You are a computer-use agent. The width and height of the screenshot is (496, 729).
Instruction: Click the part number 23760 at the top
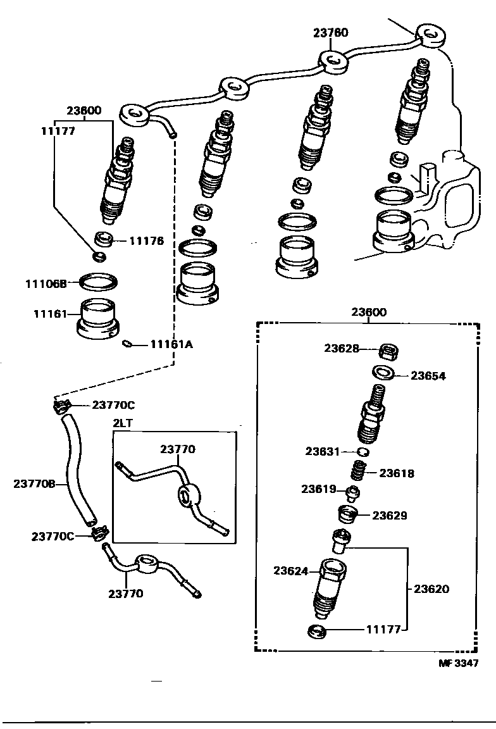point(331,33)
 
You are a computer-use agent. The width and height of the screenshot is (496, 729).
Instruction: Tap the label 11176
point(147,241)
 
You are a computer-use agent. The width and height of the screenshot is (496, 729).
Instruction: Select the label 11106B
point(46,284)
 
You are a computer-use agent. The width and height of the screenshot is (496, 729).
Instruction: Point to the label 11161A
point(171,344)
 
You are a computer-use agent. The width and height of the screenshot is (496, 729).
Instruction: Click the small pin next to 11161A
point(127,344)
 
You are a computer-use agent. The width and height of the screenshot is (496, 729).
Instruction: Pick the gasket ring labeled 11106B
point(98,280)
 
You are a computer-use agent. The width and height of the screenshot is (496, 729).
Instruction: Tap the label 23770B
point(34,484)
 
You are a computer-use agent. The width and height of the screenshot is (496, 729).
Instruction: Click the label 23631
point(323,451)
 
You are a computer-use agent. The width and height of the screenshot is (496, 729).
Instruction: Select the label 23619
point(319,489)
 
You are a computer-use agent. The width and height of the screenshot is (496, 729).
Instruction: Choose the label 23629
point(389,515)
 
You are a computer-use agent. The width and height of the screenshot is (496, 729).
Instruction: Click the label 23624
point(290,571)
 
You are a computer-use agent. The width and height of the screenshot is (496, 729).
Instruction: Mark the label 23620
point(431,589)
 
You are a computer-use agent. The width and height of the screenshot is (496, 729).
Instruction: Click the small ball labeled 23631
point(363,451)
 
